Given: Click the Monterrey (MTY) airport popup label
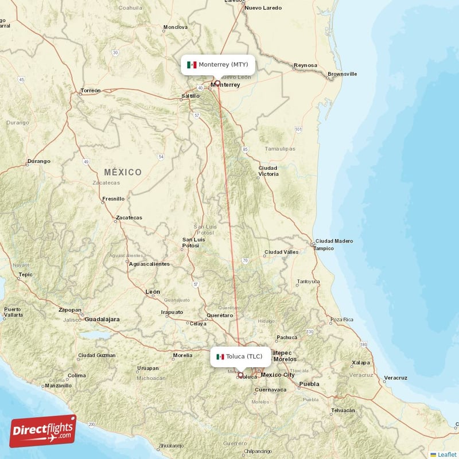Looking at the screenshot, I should [217, 65].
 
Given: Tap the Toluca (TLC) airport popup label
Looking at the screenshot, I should [240, 357].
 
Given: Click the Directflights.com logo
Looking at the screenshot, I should [42, 431].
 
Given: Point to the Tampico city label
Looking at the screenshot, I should [324, 248].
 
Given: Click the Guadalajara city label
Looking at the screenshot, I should [102, 318].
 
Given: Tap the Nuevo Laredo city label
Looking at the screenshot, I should [263, 8].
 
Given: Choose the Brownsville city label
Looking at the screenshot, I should [343, 74].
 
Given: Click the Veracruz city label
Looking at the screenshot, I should [395, 378].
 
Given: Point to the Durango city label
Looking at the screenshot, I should [38, 161].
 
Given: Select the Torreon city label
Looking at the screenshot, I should [91, 91].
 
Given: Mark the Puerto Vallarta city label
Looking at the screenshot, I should [13, 312].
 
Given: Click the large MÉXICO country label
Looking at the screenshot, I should [123, 172].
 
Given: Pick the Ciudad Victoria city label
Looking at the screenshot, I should [269, 170].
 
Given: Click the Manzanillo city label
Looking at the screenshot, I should [59, 386].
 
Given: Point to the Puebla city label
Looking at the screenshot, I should [309, 384].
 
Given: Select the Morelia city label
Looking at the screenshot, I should [182, 355].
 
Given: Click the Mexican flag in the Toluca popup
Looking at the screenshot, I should [220, 357].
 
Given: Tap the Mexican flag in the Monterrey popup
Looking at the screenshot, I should [192, 65].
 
